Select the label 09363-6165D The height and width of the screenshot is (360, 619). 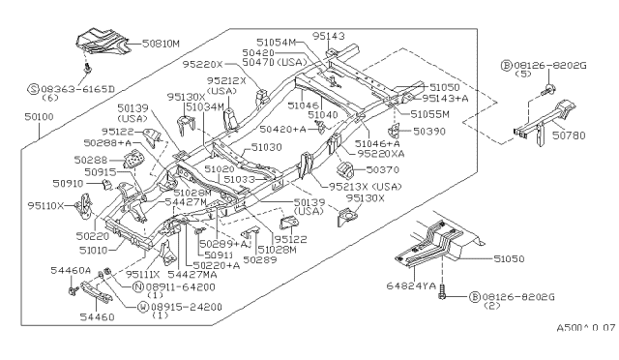click(44, 87)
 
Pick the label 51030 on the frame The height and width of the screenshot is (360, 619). click(267, 148)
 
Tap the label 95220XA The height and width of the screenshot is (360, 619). click(381, 153)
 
